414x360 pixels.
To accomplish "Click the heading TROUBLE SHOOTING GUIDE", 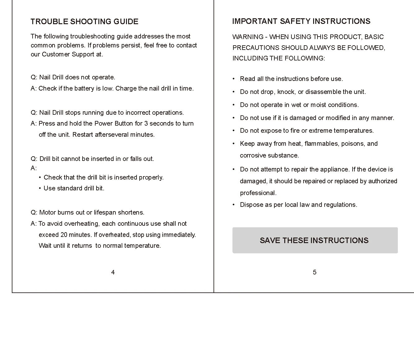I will (x=84, y=22).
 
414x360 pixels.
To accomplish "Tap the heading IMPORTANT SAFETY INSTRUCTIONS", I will (x=301, y=21).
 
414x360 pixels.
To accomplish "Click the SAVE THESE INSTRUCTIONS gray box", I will (x=315, y=240).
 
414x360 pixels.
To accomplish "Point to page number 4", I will (x=113, y=272).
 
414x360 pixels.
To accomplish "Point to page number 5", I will (x=314, y=272).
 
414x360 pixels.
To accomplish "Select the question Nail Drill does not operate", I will (x=73, y=77).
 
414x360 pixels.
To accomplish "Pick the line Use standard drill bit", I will (x=74, y=188).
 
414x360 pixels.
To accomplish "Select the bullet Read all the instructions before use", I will (x=291, y=79).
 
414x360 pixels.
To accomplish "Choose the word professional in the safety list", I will (x=258, y=193).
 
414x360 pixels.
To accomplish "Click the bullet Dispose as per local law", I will (x=298, y=205).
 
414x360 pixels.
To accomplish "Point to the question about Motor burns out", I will (x=88, y=212).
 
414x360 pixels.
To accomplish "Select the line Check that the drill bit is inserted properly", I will (x=103, y=177).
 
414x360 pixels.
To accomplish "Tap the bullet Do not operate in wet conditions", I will (x=299, y=105).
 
